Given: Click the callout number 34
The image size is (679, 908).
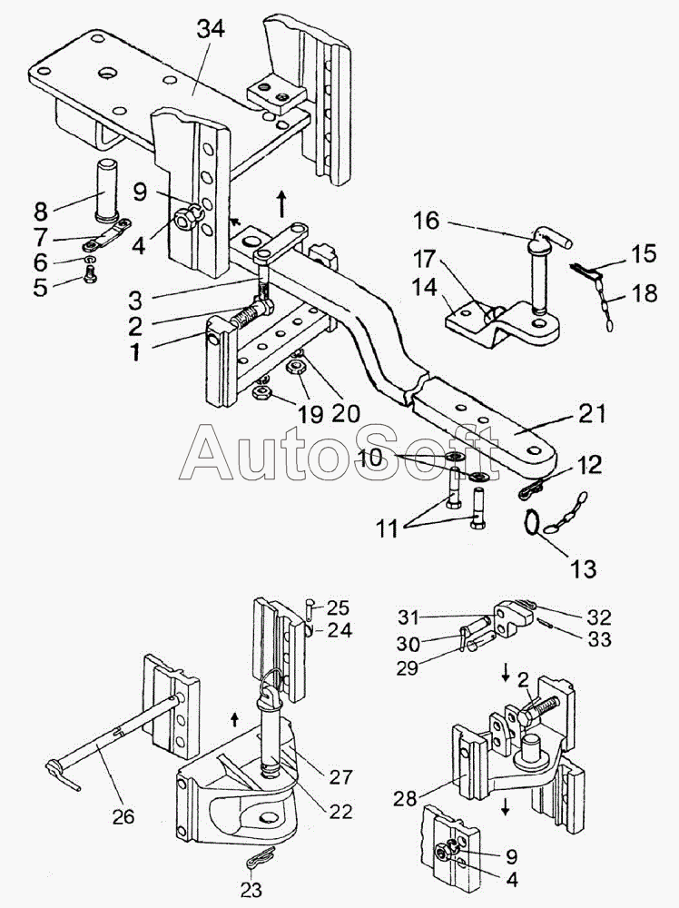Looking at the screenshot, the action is click(x=211, y=28).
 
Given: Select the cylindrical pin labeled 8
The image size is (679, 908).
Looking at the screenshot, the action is click(x=106, y=190).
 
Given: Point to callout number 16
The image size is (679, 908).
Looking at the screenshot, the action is click(x=427, y=221).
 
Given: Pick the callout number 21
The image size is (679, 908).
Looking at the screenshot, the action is click(x=590, y=414).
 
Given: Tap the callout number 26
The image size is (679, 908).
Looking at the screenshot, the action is click(x=123, y=816).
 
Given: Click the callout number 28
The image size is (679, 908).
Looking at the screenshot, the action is click(x=405, y=799).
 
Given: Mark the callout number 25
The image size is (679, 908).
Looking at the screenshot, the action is click(x=338, y=607).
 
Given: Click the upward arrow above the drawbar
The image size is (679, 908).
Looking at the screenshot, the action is click(x=283, y=203).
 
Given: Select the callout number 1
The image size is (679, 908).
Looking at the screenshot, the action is click(x=135, y=351).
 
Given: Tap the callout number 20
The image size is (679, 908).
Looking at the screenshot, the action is click(x=346, y=413).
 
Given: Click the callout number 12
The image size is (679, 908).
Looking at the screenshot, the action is click(x=590, y=464).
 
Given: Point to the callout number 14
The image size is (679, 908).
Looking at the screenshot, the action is click(x=426, y=286).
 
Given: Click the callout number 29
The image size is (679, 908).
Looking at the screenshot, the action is click(x=407, y=667).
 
